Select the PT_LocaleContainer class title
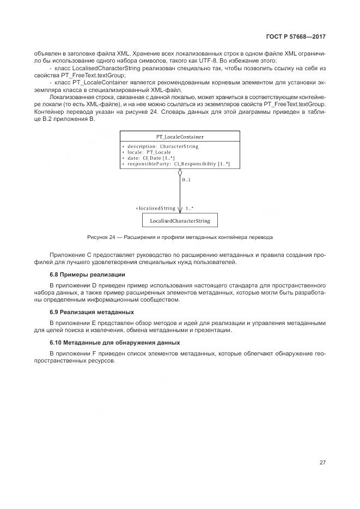tap(180, 137)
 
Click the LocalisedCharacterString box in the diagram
tap(180, 220)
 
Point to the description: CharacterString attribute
tap(162, 146)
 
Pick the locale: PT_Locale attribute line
tap(148, 152)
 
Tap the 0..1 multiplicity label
tap(186, 179)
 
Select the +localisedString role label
tap(156, 208)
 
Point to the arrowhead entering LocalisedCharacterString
tap(180, 210)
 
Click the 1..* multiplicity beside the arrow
tap(190, 208)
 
